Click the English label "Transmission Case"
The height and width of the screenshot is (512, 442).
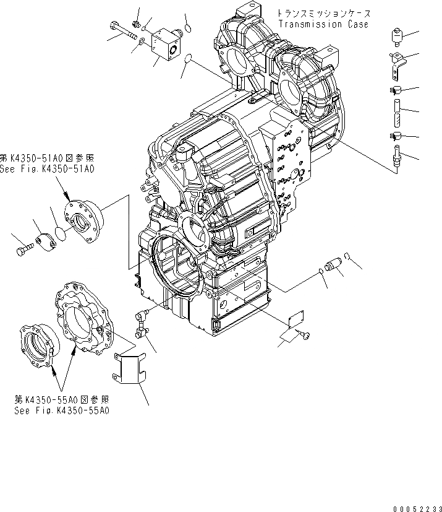[323, 25]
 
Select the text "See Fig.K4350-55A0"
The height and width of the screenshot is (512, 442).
[61, 410]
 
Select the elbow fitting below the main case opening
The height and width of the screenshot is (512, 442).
[142, 324]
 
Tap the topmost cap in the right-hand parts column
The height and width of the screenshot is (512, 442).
[396, 37]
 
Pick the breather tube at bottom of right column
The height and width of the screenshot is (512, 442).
[396, 155]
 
